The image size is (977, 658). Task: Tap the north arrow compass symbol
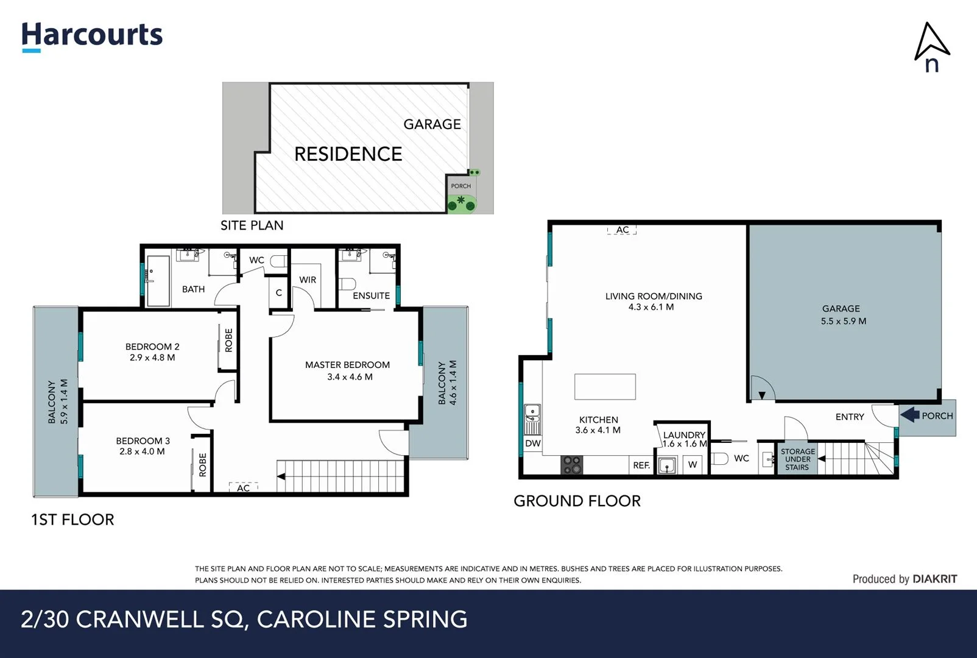pos(931,46)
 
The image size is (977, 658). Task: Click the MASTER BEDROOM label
pos(347,365)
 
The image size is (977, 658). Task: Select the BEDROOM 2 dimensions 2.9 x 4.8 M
pos(152,358)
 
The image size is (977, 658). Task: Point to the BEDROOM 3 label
pos(143,440)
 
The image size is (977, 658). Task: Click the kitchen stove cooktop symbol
pos(572,465)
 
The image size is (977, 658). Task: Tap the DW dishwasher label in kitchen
pos(532,444)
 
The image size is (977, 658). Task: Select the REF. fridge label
pos(641,465)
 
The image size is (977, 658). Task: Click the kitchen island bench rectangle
pos(605,387)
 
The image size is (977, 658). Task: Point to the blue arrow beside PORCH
pos(910,415)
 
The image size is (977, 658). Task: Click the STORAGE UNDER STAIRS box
pos(797,459)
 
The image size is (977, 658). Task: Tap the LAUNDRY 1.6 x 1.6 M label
pos(684,439)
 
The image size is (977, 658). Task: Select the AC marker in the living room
pos(622,230)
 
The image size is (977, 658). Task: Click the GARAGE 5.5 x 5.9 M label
pos(843,314)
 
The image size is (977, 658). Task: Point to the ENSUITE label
pos(371,295)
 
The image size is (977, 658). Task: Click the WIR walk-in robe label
pos(308,280)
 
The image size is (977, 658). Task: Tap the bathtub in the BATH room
pos(158,280)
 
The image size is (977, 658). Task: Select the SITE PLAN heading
pos(252,225)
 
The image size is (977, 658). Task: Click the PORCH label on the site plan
pos(460,186)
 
